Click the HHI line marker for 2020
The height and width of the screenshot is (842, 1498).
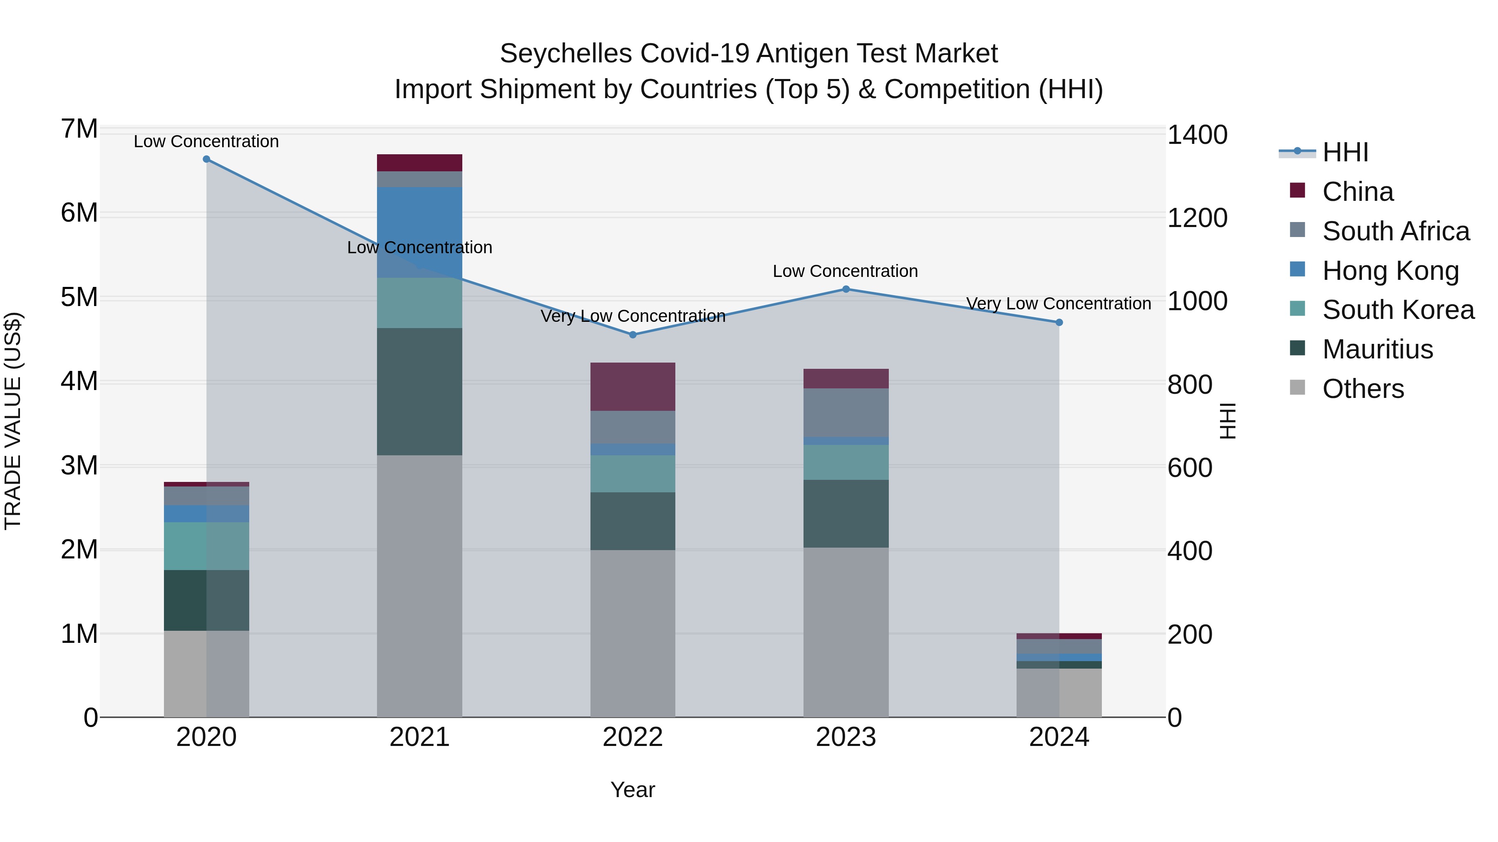tap(206, 159)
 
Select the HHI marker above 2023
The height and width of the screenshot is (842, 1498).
tap(846, 289)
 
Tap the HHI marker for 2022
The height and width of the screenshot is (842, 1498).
tap(632, 335)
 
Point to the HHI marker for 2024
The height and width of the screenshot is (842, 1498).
tap(1059, 323)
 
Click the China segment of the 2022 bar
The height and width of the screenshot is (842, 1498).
tap(632, 387)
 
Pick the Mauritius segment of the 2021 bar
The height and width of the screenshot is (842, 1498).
tap(419, 392)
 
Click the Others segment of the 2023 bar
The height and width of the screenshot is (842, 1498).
tap(846, 632)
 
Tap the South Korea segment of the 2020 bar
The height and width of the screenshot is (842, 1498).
tap(206, 546)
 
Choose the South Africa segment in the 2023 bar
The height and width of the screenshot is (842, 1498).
tap(846, 412)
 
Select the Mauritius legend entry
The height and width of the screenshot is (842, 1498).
tap(1377, 349)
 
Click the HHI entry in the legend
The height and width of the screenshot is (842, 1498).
tap(1344, 152)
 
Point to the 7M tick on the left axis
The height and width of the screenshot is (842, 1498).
tap(79, 129)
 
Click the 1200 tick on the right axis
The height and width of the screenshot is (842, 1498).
tap(1197, 218)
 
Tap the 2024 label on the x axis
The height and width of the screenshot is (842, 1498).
tap(1059, 737)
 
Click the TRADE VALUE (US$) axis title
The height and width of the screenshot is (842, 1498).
tap(13, 421)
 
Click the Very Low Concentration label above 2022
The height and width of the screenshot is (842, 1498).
tap(632, 316)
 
